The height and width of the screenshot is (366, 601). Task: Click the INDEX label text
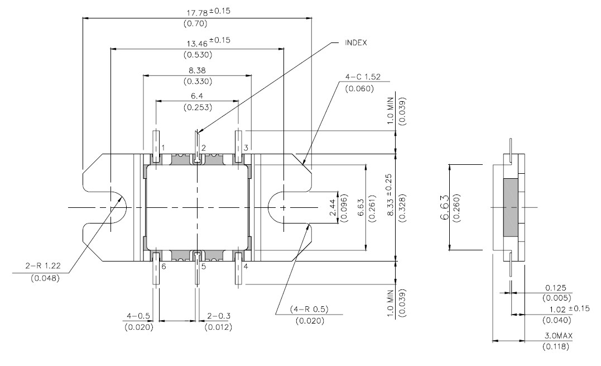[355, 42]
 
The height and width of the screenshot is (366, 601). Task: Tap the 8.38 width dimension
[197, 70]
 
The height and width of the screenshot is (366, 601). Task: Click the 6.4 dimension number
[197, 96]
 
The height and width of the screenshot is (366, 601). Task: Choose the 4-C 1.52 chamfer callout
[363, 77]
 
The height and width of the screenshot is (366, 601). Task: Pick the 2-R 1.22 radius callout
[43, 265]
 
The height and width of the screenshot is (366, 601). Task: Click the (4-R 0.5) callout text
[309, 309]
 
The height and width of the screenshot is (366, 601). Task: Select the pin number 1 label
[164, 148]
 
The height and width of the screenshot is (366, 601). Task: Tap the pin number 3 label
[246, 148]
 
